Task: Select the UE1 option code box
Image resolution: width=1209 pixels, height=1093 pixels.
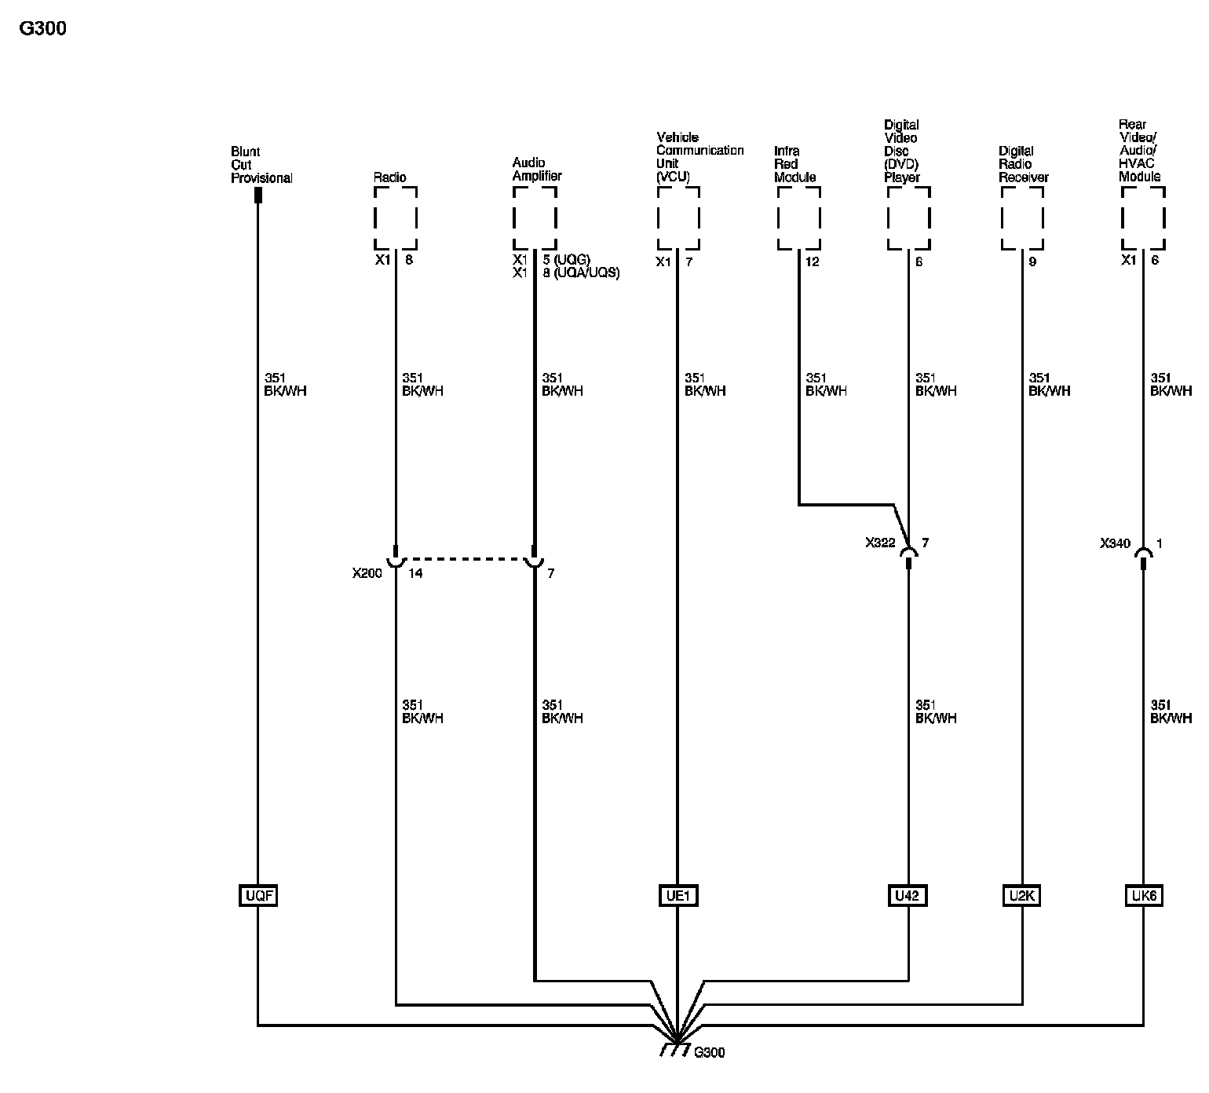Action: [677, 895]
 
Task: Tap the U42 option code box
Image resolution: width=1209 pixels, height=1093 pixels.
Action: [908, 895]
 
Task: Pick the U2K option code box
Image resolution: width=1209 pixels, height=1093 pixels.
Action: [1022, 895]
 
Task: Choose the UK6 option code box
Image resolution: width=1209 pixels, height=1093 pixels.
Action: [1143, 895]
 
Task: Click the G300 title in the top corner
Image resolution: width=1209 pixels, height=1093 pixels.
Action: [43, 29]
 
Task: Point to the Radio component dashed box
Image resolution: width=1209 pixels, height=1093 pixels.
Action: [395, 218]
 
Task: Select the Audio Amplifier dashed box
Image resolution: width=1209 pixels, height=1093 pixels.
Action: [535, 218]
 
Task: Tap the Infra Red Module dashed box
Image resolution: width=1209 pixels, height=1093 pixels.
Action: [798, 218]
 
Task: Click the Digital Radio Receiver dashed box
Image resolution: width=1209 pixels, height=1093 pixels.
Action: [1022, 218]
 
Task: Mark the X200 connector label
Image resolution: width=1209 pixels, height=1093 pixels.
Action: [367, 573]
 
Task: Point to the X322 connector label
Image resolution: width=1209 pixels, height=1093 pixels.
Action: [880, 543]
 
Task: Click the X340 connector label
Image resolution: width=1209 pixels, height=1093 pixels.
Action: [1115, 543]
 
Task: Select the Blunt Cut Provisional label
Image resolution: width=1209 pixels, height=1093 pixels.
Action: [261, 165]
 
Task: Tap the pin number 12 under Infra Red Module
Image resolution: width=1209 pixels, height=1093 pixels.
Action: [812, 261]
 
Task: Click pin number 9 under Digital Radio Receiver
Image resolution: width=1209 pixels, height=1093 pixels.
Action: [1032, 261]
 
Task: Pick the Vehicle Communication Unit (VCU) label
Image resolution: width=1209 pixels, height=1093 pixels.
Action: [699, 157]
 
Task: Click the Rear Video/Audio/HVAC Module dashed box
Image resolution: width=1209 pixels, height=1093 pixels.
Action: [1143, 218]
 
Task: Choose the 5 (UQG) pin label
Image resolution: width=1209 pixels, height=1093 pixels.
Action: [566, 260]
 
